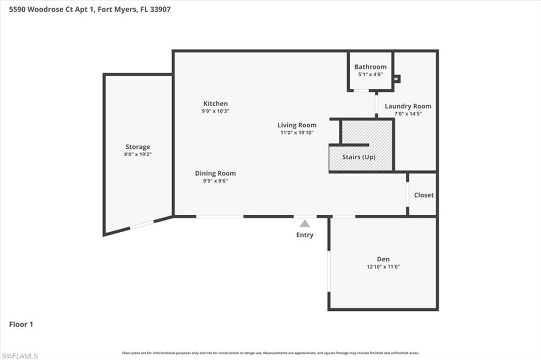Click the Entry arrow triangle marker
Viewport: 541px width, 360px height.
305,224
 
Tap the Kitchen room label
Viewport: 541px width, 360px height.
216,103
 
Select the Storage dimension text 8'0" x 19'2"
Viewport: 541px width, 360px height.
138,155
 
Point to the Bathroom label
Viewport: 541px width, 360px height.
370,67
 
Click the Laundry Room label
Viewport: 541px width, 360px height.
408,106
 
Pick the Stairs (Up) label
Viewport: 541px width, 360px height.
359,157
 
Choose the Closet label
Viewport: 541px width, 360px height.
424,195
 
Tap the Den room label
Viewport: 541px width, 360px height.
383,259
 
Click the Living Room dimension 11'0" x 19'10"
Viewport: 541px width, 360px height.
297,133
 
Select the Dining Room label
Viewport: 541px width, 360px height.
215,173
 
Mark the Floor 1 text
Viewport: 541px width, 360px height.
21,325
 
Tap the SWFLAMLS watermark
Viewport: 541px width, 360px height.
20,356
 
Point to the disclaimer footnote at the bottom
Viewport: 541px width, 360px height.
270,353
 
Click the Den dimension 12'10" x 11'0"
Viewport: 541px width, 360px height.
383,267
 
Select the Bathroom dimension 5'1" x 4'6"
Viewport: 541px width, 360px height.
370,75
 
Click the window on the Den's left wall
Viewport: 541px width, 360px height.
329,271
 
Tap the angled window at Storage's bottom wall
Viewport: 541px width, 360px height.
142,225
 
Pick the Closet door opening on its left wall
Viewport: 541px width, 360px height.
407,194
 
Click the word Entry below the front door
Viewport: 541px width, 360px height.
305,235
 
